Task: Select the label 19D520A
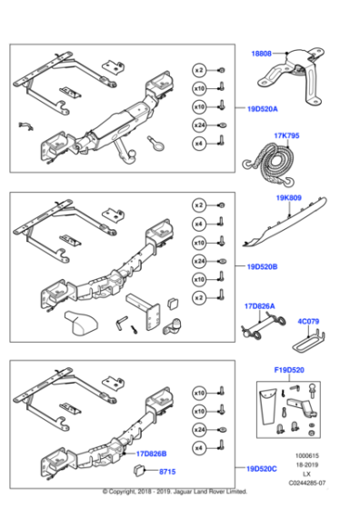pos(261,108)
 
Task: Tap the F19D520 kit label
pos(288,371)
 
